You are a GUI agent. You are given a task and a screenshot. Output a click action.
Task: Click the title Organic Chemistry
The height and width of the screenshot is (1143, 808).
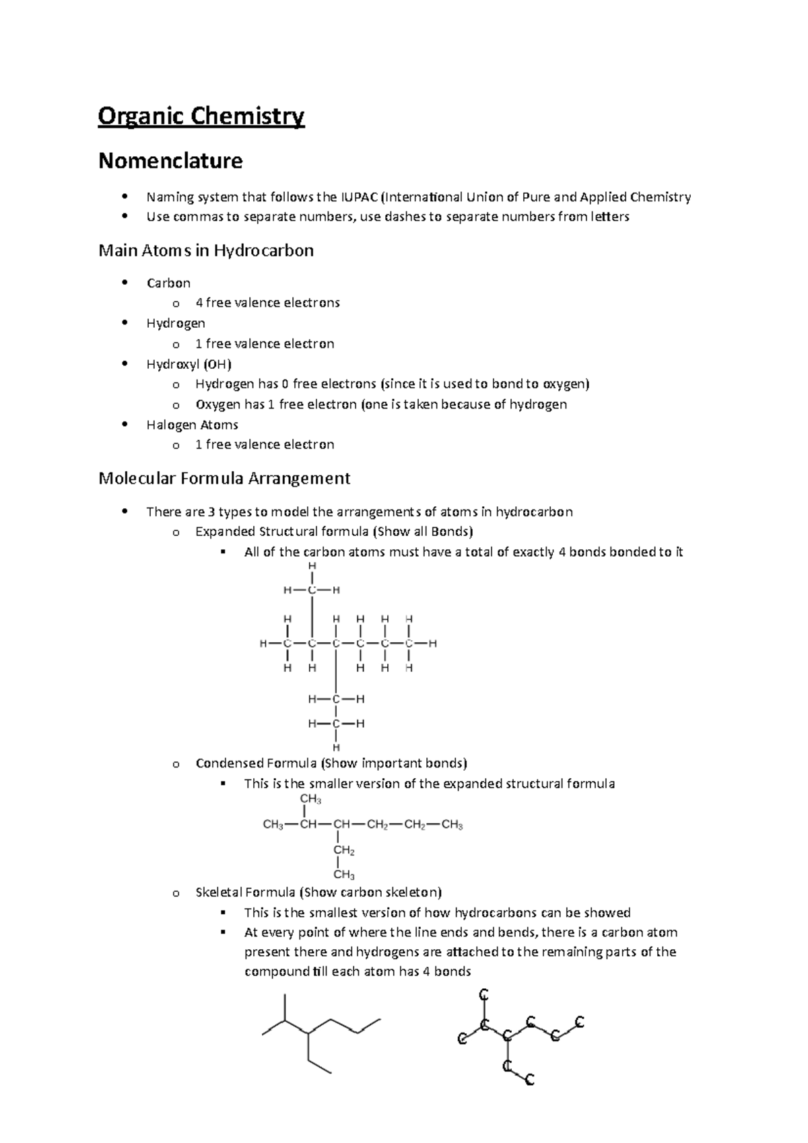201,116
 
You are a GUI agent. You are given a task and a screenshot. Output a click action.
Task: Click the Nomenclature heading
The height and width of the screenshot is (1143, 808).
170,161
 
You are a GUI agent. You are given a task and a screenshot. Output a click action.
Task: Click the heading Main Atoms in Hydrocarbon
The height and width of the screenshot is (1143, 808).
206,251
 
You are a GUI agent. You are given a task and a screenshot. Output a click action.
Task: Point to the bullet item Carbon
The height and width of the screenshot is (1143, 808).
168,283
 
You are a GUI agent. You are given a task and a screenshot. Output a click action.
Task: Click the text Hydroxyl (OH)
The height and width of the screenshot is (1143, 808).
189,364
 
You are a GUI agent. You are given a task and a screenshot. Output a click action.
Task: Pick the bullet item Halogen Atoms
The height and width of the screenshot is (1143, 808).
192,425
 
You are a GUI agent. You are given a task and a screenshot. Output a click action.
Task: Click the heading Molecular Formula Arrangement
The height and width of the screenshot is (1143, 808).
224,479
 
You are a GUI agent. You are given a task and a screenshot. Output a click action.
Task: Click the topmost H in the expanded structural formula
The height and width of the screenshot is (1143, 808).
312,567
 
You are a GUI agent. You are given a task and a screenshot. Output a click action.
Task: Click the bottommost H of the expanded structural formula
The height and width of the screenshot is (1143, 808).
336,747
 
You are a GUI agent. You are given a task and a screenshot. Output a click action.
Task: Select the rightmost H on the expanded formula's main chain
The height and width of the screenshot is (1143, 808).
433,644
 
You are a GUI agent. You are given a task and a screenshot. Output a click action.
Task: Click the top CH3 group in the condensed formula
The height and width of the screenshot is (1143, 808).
310,799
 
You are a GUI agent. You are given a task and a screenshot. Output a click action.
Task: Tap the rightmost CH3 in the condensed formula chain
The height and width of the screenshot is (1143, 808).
452,825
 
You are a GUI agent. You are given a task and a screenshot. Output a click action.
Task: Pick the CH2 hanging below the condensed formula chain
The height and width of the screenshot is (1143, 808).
343,850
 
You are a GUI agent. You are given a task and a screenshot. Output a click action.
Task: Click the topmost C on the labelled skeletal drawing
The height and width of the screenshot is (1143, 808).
483,995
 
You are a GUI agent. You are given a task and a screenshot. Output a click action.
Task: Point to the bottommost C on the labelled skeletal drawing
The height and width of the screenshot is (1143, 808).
529,1081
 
